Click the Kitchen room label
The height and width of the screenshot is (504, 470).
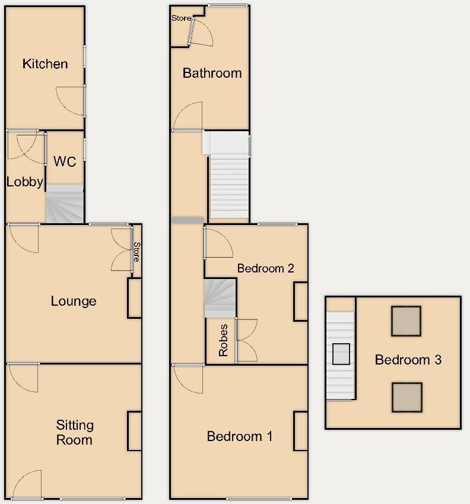point(45,64)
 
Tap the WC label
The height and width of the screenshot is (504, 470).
point(65,161)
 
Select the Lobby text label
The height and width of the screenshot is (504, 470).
point(25,182)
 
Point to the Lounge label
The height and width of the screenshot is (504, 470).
point(74,301)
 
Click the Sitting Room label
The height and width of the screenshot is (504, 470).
point(75,432)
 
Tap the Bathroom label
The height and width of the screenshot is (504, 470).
point(212,73)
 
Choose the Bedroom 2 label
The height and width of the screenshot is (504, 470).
point(265,268)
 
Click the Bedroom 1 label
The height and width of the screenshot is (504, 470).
point(239,437)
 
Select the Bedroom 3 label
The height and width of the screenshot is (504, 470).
point(408,360)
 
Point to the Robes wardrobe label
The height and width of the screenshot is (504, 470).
point(223,340)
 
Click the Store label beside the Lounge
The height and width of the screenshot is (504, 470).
point(136,251)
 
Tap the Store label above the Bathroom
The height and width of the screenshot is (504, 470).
point(181,18)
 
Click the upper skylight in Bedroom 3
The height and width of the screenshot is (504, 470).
point(406,321)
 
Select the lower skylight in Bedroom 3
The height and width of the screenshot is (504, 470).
point(407,398)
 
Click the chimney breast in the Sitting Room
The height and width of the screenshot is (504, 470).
point(135,431)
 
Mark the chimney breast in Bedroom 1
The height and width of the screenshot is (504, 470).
point(301,431)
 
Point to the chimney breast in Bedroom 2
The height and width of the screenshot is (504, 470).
point(301,302)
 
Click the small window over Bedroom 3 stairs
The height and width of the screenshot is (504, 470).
point(341,354)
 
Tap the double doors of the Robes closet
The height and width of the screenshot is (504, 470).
point(245,340)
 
